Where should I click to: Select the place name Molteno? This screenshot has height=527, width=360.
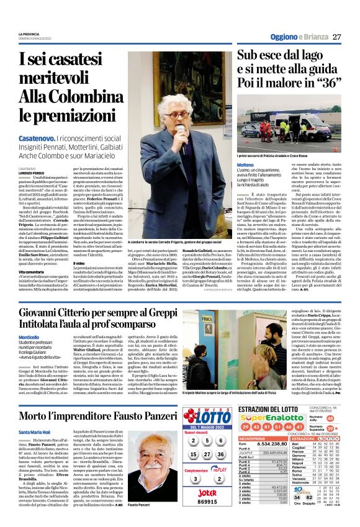click(x=245, y=164)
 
